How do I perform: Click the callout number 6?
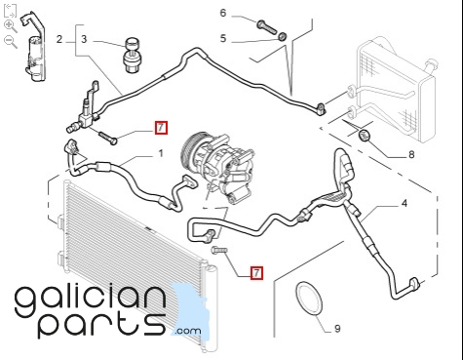tap(223, 14)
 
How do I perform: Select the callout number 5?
tap(223, 38)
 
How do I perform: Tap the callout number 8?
tap(411, 154)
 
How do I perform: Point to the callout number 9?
tap(337, 329)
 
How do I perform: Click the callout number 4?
tap(404, 204)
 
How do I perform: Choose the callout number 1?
tap(161, 153)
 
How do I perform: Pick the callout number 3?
tap(84, 39)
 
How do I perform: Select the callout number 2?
tap(58, 39)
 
